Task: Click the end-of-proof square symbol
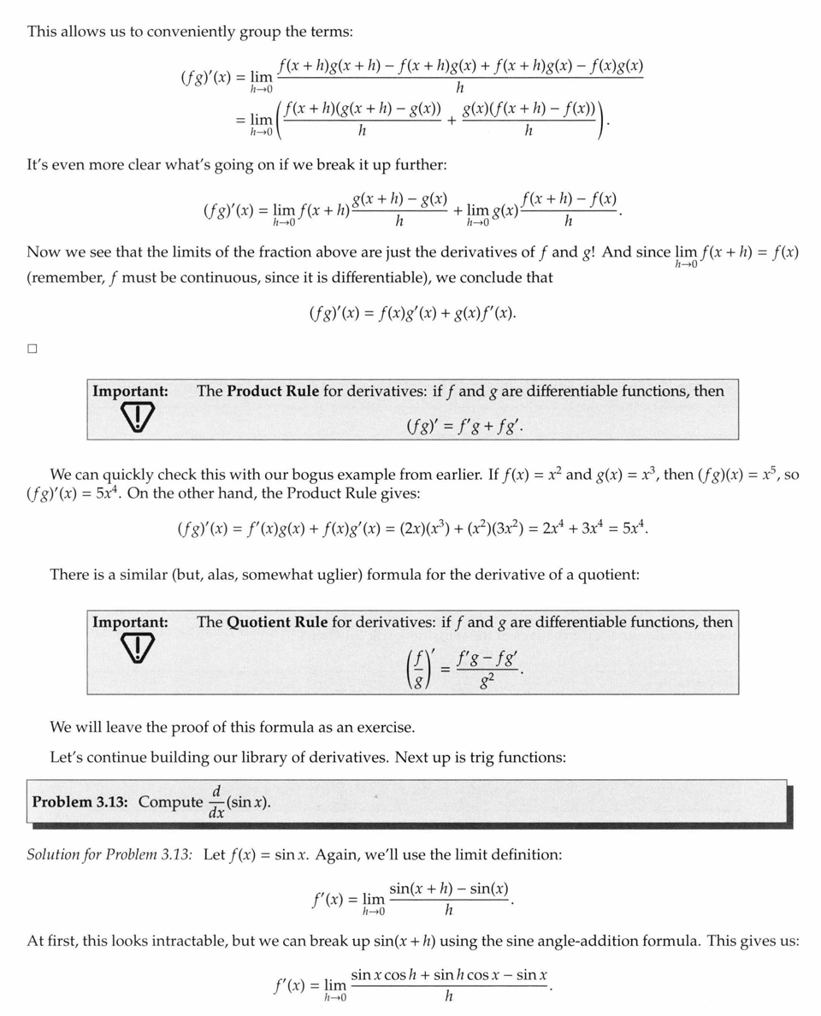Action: (x=32, y=349)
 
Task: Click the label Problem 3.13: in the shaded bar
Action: (x=82, y=802)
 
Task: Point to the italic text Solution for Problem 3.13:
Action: (x=109, y=854)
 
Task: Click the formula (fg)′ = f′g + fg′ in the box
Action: (x=464, y=422)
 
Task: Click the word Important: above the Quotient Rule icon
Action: (x=130, y=623)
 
